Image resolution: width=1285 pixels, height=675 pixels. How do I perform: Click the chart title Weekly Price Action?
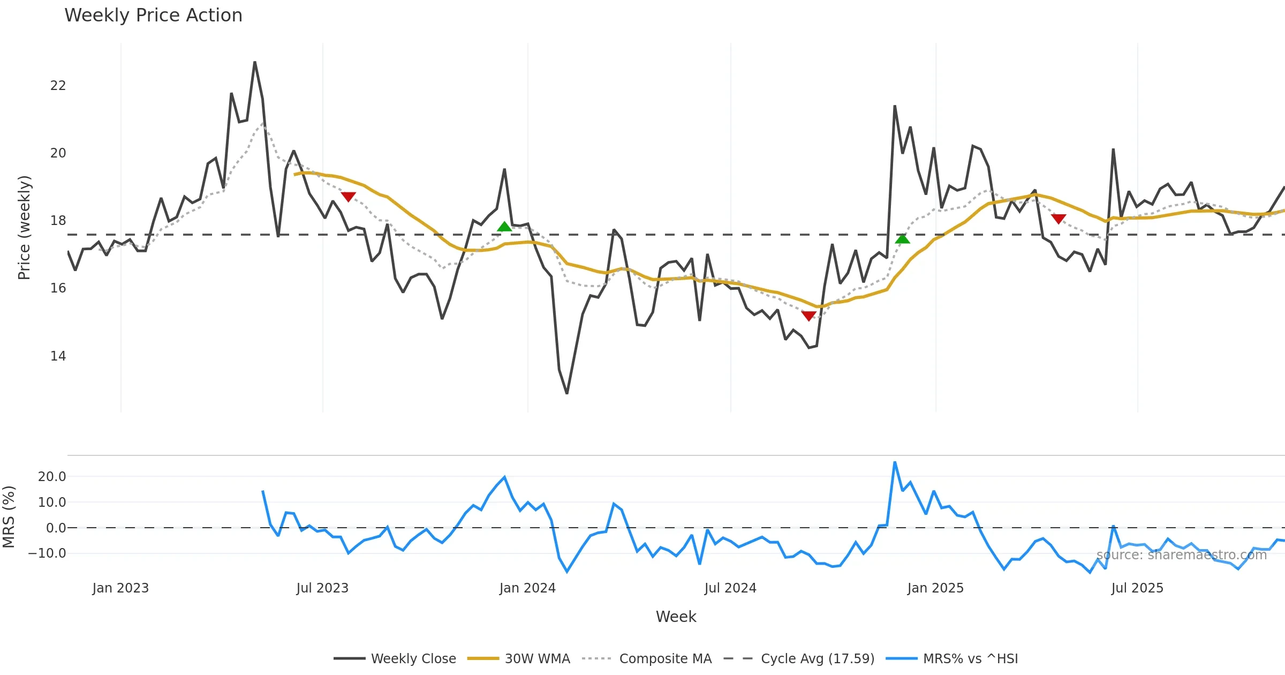pos(153,16)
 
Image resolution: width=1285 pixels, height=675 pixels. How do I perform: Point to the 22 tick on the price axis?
pos(58,86)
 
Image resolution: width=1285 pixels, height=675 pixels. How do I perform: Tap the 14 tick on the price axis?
pos(58,356)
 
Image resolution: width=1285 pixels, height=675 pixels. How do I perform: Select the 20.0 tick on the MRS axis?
pos(52,477)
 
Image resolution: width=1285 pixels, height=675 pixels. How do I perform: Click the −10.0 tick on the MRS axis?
pos(48,553)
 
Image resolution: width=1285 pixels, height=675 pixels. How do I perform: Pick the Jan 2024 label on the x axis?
pos(527,588)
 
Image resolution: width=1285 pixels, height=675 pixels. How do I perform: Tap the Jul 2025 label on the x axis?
pos(1137,588)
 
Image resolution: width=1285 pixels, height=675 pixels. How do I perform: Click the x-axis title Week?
pos(676,617)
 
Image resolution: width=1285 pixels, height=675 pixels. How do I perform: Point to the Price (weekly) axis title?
pos(24,228)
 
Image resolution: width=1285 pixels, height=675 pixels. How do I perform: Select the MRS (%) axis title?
pos(9,517)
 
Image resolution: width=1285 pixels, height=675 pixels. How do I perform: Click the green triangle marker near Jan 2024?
pos(504,227)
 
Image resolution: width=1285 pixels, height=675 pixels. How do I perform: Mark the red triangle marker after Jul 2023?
pos(348,197)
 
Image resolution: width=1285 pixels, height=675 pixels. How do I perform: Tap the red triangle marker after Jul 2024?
pos(808,316)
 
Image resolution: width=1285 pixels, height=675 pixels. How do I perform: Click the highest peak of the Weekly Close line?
pos(255,63)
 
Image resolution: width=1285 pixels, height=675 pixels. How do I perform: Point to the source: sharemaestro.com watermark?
pos(1181,555)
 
